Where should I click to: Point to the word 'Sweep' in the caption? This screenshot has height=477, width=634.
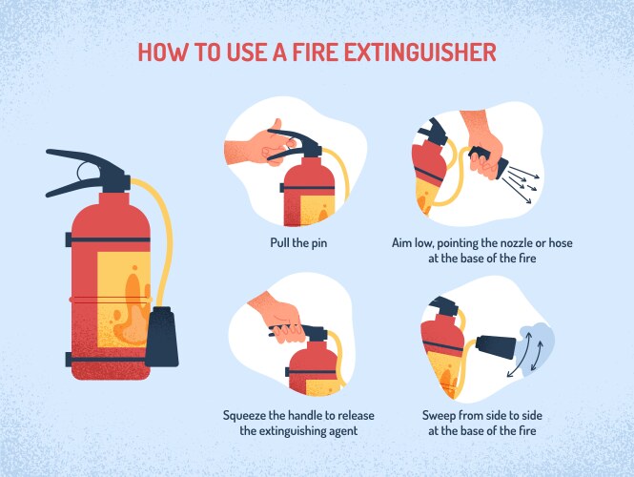coord(441,416)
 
